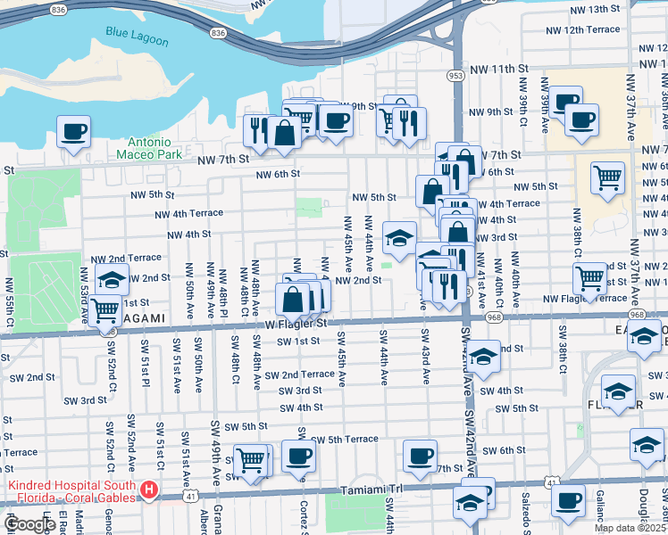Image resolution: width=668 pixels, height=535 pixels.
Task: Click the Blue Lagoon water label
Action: tap(130, 32)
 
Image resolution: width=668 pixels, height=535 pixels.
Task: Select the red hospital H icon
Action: tap(150, 490)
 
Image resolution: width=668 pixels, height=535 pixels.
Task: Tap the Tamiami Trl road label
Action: tap(372, 490)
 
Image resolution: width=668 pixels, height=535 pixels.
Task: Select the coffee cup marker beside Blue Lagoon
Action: tap(74, 131)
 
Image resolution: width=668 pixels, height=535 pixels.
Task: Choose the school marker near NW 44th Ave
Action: tap(399, 237)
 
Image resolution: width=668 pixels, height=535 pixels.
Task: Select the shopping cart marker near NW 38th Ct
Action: tap(589, 278)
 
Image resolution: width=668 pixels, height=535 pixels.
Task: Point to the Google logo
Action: tap(29, 524)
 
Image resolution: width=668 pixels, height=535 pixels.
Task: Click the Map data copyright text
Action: tap(630, 528)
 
